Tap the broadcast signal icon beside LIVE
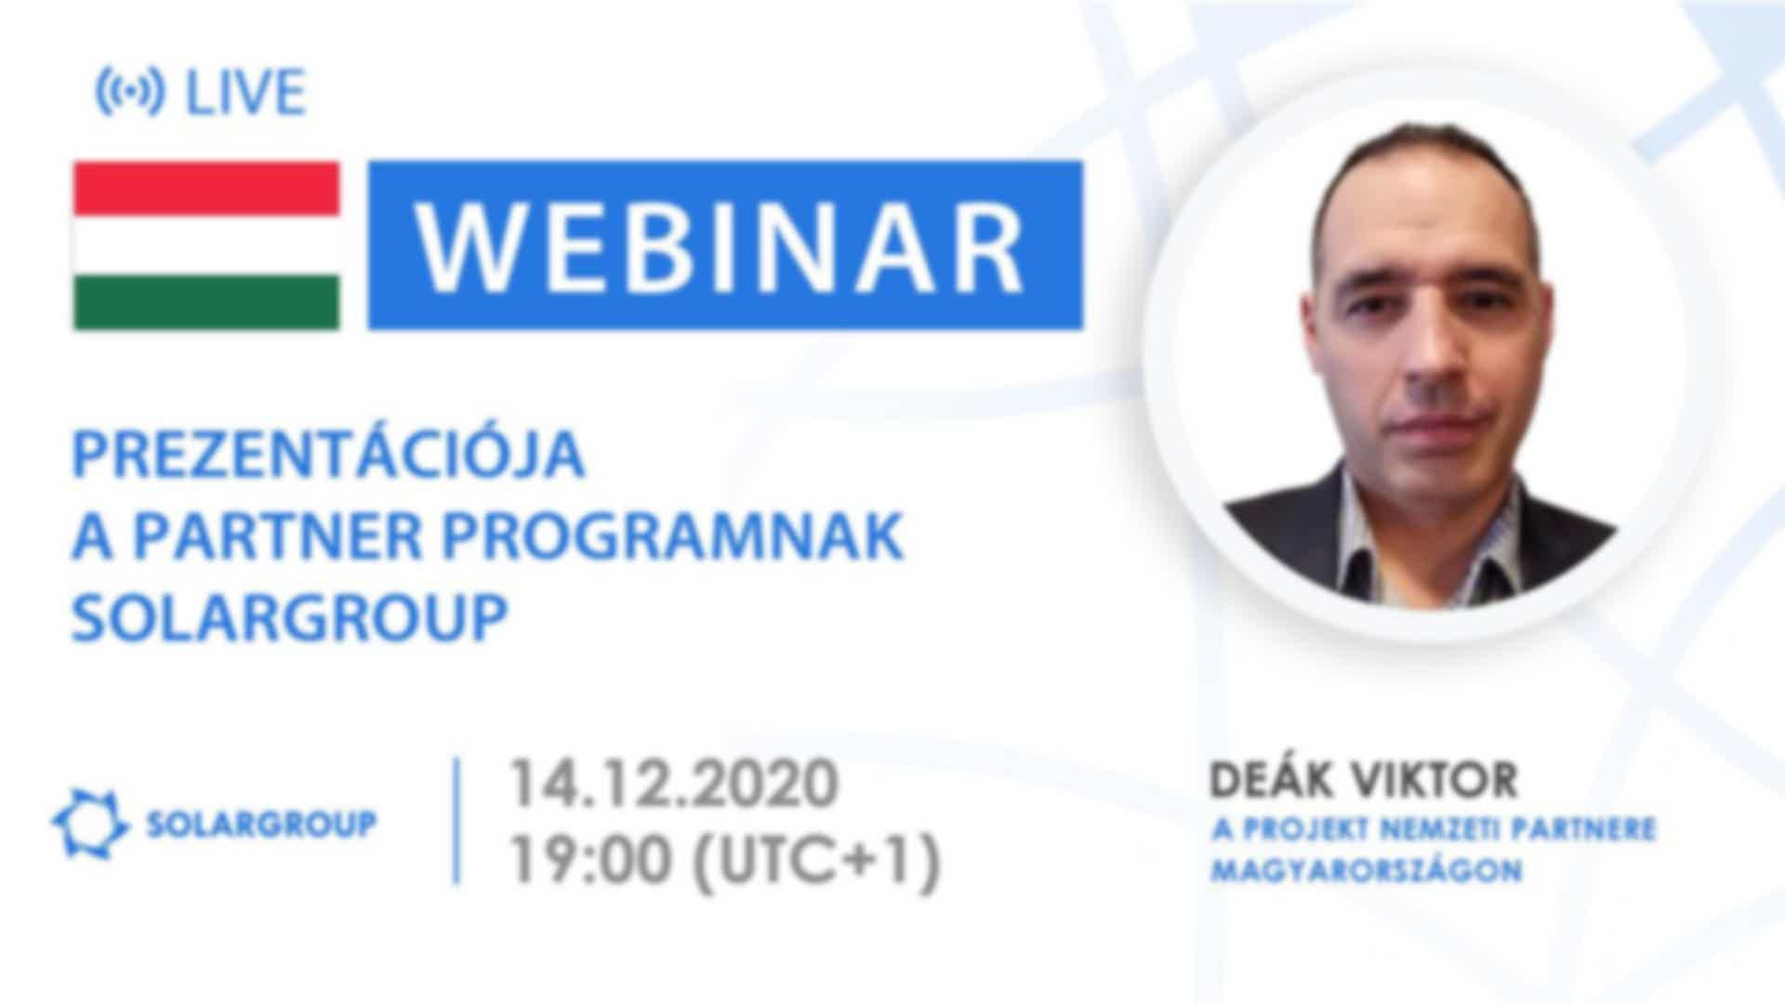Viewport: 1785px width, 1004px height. point(130,92)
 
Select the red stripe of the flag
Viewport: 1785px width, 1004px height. point(206,189)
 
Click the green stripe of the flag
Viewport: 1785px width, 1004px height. point(206,301)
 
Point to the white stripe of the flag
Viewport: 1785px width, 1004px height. point(206,245)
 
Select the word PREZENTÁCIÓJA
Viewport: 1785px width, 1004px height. point(328,456)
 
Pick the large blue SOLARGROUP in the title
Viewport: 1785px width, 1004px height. point(290,616)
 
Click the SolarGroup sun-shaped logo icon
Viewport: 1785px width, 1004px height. point(89,824)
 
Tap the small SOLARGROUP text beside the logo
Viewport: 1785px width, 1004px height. point(261,824)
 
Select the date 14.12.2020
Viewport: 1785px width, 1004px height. point(673,783)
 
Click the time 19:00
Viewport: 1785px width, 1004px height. point(589,861)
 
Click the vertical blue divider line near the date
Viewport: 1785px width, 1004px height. point(456,820)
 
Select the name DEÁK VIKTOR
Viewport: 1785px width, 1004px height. point(1363,781)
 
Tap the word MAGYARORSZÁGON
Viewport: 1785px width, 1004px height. point(1367,871)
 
